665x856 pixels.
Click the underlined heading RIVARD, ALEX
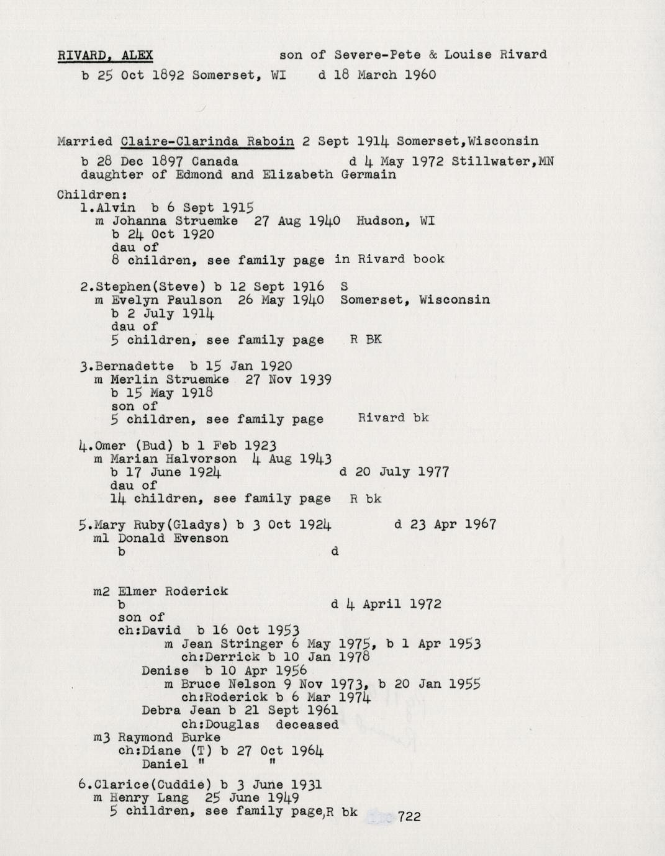pyautogui.click(x=105, y=55)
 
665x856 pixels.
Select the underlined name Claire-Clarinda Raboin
pyautogui.click(x=207, y=141)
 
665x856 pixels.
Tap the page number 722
pyautogui.click(x=409, y=817)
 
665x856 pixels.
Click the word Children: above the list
pyautogui.click(x=84, y=194)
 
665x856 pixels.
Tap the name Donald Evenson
pyautogui.click(x=173, y=538)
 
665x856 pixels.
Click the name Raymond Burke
pyautogui.click(x=169, y=737)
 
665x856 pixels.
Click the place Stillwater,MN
pyautogui.click(x=503, y=161)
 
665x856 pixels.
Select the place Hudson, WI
pyautogui.click(x=396, y=221)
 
